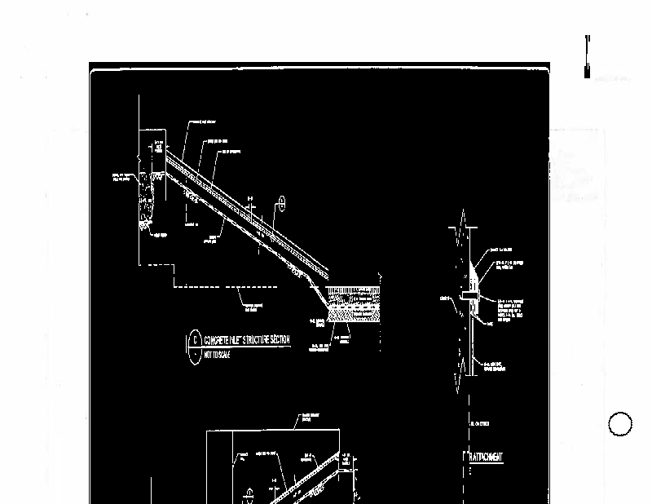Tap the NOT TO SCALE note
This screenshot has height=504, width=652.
tap(221, 355)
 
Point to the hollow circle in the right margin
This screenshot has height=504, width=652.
tap(620, 425)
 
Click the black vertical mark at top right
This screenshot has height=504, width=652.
tap(586, 56)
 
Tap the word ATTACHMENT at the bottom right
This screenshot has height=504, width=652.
tap(487, 457)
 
